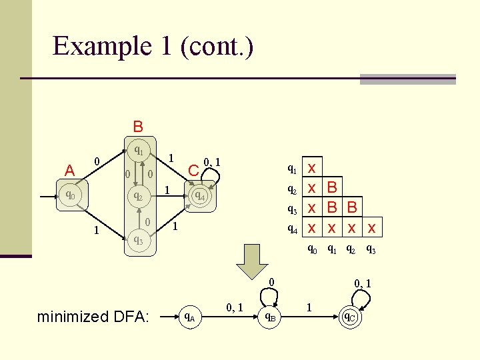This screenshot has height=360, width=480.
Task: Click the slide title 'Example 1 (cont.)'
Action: [x=153, y=47]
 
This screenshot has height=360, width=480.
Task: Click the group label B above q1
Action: [x=137, y=127]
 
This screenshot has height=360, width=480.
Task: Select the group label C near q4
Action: [x=193, y=171]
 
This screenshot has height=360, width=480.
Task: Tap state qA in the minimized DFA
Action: [x=190, y=317]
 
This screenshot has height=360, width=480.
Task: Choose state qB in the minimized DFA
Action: [x=271, y=317]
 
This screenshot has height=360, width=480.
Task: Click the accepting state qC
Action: [x=351, y=317]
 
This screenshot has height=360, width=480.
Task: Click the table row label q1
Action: [x=292, y=169]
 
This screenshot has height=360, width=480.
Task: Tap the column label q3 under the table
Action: [x=371, y=250]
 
